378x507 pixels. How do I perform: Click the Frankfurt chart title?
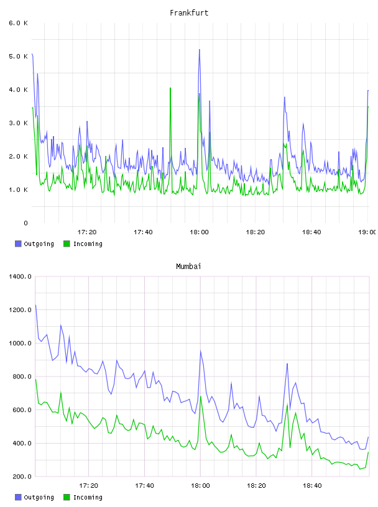point(189,12)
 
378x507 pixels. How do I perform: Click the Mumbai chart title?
point(188,266)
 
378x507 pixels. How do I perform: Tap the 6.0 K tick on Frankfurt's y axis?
point(19,23)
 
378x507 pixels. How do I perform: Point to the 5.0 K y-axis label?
point(19,57)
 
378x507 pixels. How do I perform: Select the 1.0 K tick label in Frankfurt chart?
point(19,190)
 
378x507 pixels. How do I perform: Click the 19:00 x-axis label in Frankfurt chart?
point(367,232)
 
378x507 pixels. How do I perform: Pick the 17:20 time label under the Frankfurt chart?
point(87,232)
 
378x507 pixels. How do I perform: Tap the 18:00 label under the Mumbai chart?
point(200,485)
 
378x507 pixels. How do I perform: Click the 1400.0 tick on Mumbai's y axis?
point(20,276)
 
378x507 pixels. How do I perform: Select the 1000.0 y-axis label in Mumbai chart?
point(20,343)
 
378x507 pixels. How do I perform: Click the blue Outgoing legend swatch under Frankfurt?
point(18,244)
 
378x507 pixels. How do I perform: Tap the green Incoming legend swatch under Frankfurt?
point(67,244)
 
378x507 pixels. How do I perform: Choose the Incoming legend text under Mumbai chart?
point(88,497)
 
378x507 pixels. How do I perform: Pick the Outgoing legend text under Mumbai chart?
point(39,497)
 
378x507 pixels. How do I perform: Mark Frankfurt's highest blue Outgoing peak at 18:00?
point(200,50)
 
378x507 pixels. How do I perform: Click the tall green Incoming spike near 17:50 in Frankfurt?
point(170,88)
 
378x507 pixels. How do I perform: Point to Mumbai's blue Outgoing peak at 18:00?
point(201,351)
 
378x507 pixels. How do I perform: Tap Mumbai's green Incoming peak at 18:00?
point(201,396)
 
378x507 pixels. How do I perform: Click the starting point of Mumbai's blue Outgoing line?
point(35,305)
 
